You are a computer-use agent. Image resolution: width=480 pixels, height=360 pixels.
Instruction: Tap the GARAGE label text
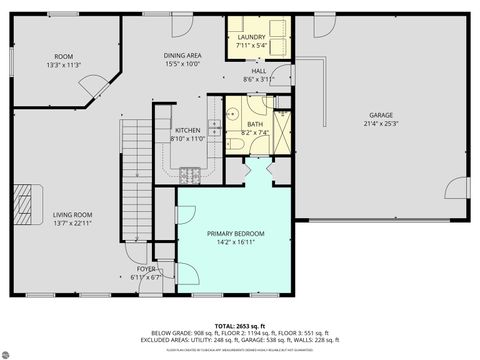pos(381,117)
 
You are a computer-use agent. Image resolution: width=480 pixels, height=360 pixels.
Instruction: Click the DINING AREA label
pos(184,56)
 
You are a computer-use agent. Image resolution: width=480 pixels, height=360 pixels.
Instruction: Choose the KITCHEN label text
pos(189,130)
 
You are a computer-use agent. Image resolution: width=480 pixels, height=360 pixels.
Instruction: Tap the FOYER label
pos(148,269)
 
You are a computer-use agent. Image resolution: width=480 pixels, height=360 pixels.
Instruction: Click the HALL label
pos(258,71)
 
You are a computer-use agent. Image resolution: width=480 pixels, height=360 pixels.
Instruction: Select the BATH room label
pos(256,124)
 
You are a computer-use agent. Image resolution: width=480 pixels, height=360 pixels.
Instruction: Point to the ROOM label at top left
pos(64,56)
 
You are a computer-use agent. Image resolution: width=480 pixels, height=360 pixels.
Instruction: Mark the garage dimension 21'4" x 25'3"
pos(381,124)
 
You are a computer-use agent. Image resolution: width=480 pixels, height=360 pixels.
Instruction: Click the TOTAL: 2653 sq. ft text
pos(239,326)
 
